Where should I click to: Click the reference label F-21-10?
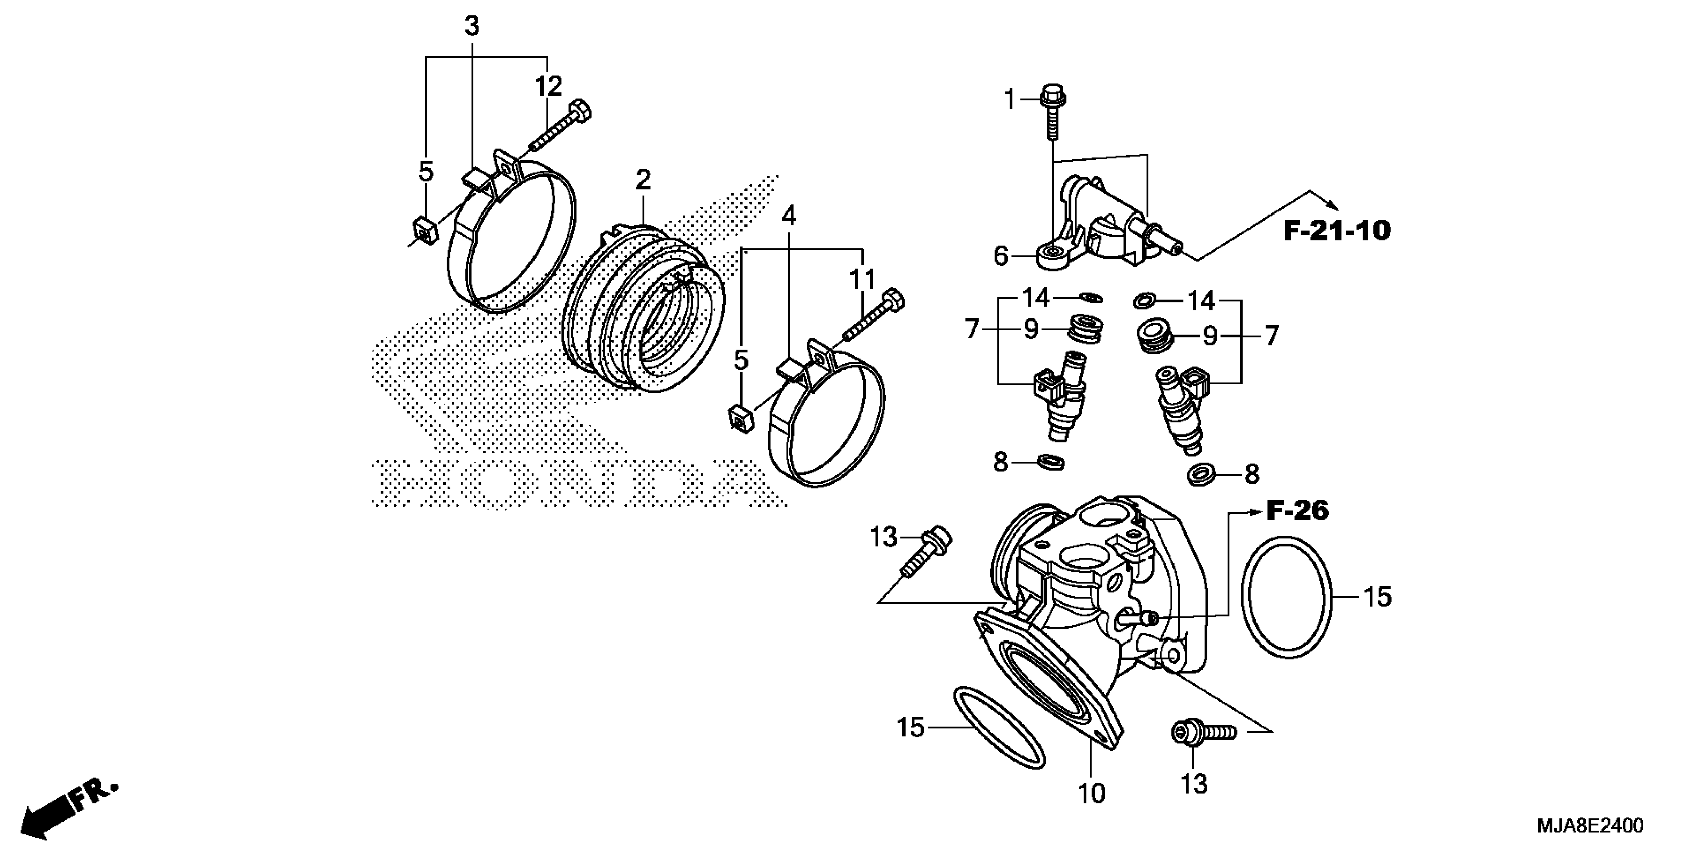[x=1336, y=231]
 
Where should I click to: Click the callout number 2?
[x=643, y=180]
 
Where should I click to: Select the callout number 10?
[x=1092, y=793]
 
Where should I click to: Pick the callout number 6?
[x=1001, y=255]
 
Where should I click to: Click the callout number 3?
[x=471, y=27]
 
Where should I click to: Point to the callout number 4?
[x=788, y=215]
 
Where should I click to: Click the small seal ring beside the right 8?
[x=1202, y=475]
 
